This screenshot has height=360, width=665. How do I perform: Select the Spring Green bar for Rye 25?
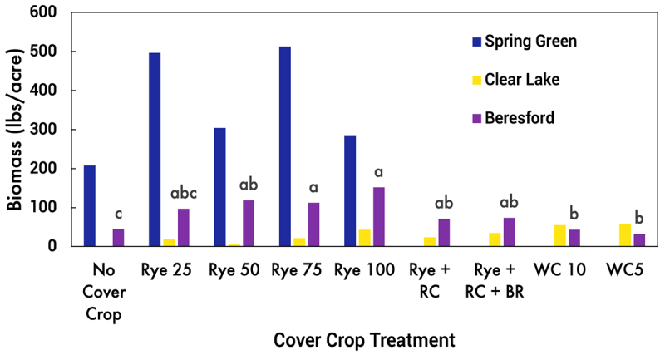154,150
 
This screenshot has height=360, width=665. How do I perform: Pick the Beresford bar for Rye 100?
378,217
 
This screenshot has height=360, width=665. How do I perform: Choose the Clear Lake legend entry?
516,80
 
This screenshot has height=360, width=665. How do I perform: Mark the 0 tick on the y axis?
54,247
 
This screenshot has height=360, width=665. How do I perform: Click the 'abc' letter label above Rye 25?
184,194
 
